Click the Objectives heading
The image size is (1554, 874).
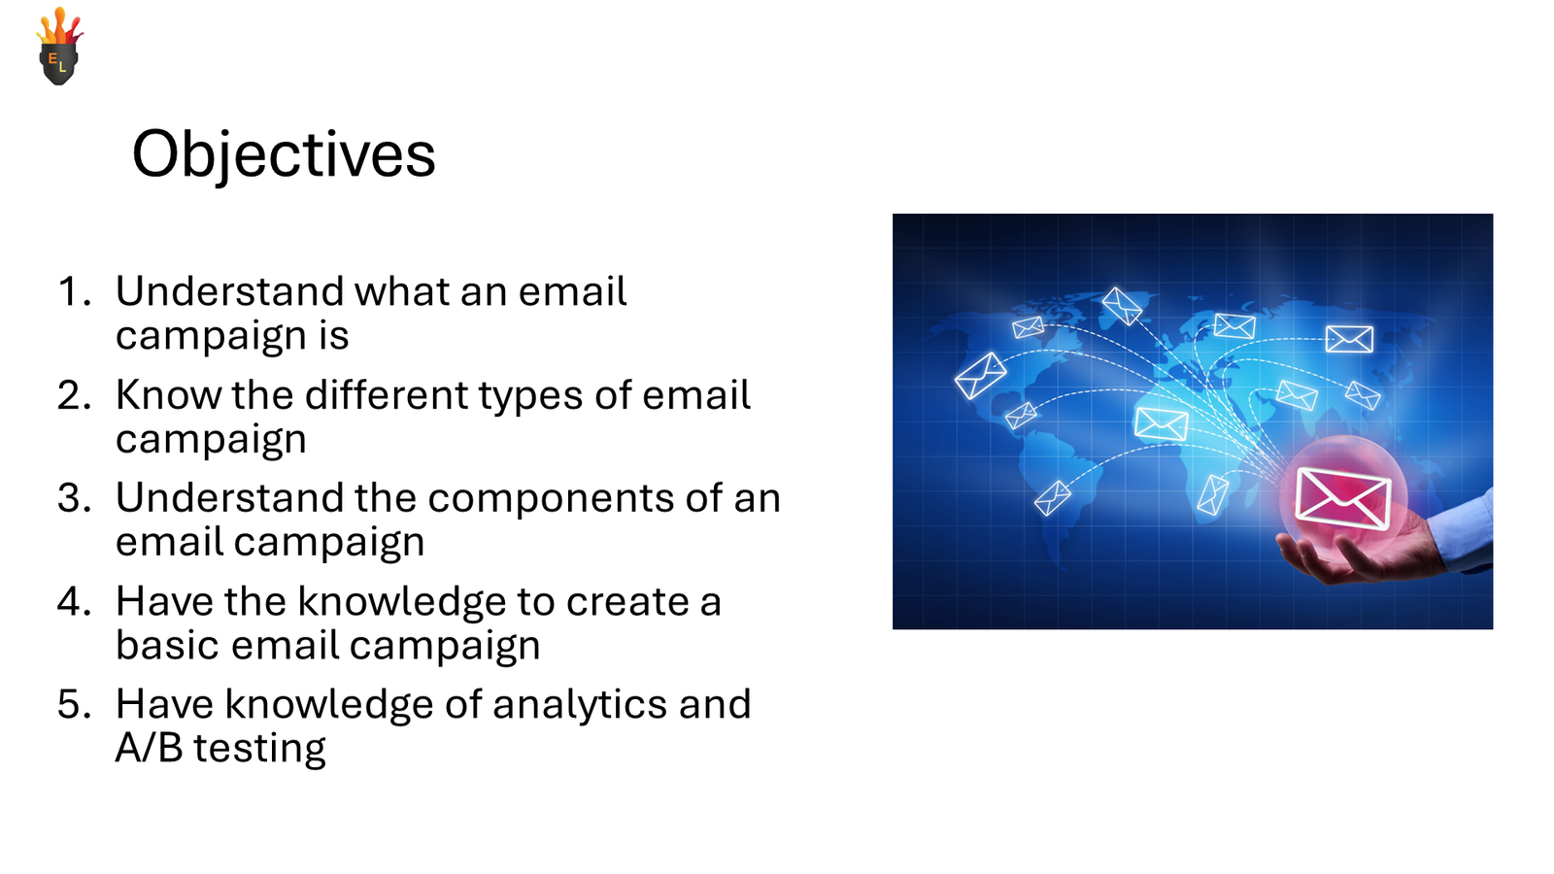point(284,154)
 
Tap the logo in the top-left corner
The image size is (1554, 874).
point(59,48)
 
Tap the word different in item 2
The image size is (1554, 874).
point(386,395)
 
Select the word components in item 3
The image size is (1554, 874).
point(550,498)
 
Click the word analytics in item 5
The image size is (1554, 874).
point(580,705)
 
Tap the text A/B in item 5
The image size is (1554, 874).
point(149,749)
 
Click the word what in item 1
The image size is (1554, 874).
point(401,291)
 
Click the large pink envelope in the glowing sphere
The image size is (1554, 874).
point(1343,496)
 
